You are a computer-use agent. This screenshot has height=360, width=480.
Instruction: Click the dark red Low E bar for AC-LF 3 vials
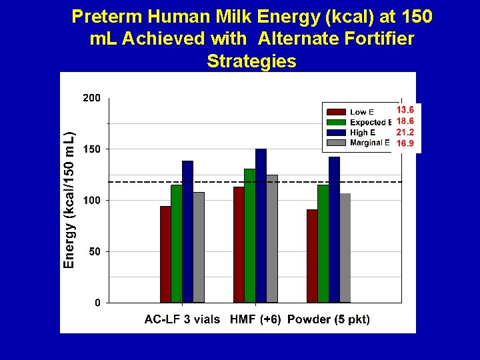click(x=165, y=254)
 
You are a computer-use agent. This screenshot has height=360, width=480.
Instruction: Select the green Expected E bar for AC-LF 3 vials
click(x=177, y=243)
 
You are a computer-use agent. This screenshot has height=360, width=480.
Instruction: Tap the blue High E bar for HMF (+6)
click(x=261, y=225)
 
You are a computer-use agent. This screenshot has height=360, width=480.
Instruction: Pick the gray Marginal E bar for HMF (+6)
click(x=272, y=239)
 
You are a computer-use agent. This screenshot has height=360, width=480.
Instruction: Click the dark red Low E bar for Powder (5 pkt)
click(x=312, y=256)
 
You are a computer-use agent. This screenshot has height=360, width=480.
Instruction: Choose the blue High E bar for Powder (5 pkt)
click(x=334, y=229)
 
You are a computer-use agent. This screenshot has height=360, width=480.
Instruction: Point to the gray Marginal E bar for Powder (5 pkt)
click(x=345, y=248)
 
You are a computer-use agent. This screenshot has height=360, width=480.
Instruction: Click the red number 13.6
click(x=405, y=110)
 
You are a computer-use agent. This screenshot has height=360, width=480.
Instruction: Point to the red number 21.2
click(x=405, y=132)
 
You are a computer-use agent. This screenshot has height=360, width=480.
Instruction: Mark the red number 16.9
click(x=405, y=143)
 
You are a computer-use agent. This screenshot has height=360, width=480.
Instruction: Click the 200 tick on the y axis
click(x=92, y=97)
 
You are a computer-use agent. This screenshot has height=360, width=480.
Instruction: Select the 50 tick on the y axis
click(x=95, y=252)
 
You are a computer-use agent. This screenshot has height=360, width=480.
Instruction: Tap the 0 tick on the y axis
click(x=97, y=303)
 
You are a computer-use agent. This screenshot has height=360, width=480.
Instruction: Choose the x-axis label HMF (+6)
click(x=254, y=319)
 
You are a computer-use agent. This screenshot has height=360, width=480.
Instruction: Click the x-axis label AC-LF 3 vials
click(x=182, y=319)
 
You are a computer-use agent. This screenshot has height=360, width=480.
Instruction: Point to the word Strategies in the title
click(x=251, y=61)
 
